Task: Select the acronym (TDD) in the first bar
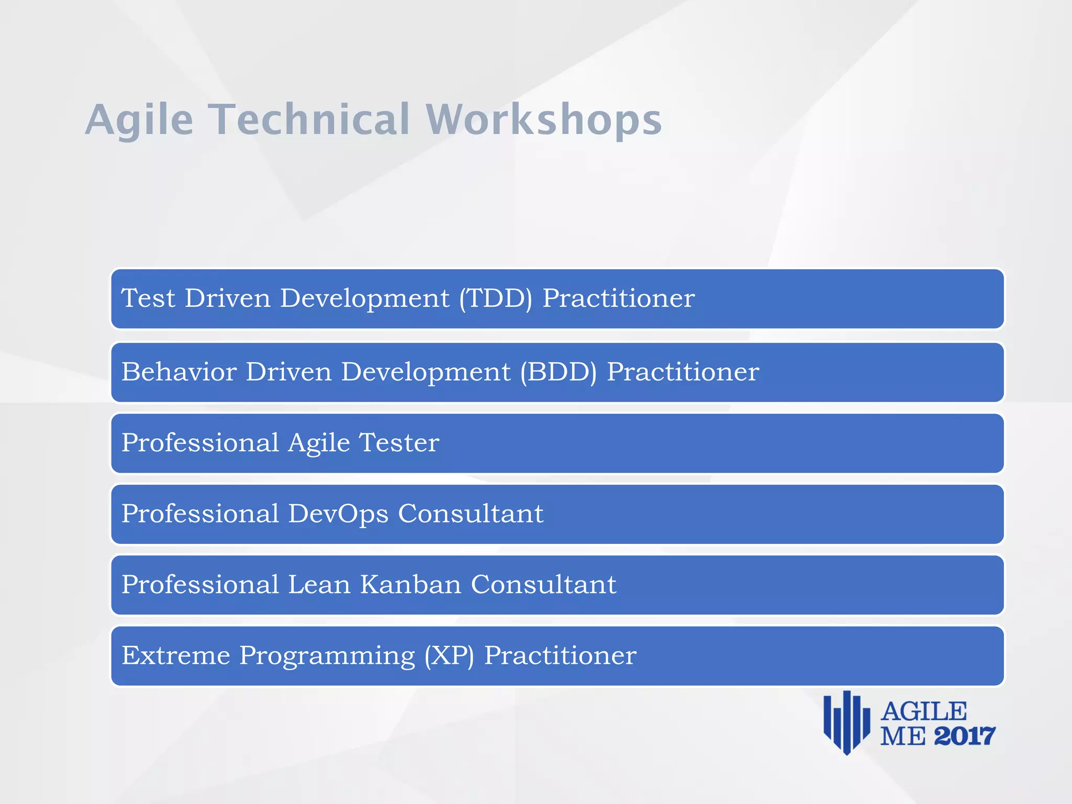click(x=496, y=298)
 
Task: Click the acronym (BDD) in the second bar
click(x=558, y=372)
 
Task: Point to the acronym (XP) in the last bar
click(x=449, y=656)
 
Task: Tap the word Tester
click(x=399, y=443)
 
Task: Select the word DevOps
click(x=338, y=514)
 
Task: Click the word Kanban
click(x=410, y=585)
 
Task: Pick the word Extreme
click(x=176, y=656)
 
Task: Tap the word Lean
click(x=319, y=585)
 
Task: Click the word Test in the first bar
click(x=148, y=298)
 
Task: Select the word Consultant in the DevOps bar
click(x=471, y=514)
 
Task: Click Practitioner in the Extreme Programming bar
click(x=560, y=656)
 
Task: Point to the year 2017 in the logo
click(x=964, y=736)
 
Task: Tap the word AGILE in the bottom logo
click(x=924, y=712)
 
